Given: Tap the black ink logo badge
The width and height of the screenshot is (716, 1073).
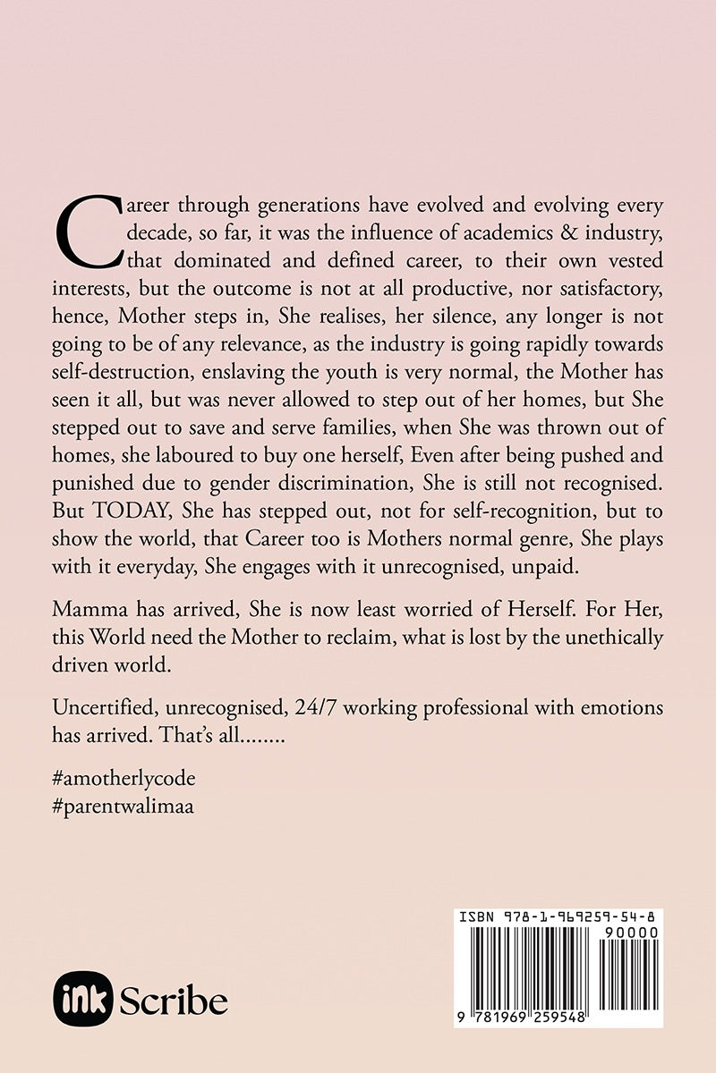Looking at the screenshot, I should tap(81, 1001).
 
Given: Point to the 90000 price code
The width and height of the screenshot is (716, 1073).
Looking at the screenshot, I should tap(634, 932).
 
